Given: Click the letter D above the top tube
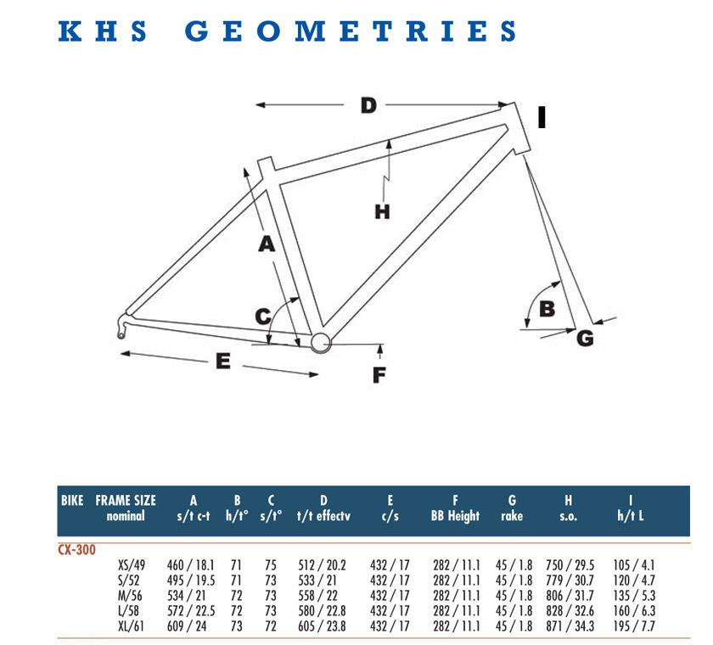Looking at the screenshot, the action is point(368,105).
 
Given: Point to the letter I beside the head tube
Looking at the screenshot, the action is point(542,117).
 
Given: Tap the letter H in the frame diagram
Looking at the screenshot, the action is point(382,212).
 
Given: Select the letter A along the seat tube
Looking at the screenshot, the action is point(267,244).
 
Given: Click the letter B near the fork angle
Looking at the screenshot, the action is point(547,309).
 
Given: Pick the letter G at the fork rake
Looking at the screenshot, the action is point(585,338).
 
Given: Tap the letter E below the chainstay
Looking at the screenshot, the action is point(222,362).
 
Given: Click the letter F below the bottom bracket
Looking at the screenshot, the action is point(379,375).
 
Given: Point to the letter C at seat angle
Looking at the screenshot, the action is point(263,317).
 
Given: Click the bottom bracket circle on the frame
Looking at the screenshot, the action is point(321,343).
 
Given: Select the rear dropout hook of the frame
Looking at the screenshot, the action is point(122,327).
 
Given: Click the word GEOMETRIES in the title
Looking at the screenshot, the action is point(350,31).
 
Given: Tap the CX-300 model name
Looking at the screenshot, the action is point(77,550).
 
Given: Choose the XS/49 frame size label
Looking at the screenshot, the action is point(132,565).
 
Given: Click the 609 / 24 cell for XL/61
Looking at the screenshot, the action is point(187,626).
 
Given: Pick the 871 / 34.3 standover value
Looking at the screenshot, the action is point(570,626).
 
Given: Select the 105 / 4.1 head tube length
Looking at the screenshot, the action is point(634,565).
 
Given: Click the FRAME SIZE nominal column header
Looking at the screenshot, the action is point(126,508).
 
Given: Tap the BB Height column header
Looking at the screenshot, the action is point(455,515).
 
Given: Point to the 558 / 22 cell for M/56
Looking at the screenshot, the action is point(317,596).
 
